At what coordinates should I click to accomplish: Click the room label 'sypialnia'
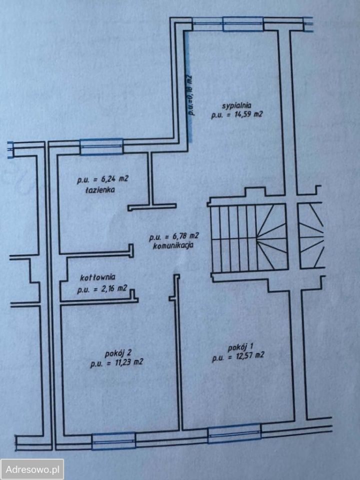(236, 105)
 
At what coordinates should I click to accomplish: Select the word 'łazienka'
(100, 190)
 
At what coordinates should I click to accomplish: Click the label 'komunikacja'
(173, 245)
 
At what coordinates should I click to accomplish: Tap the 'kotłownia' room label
(97, 277)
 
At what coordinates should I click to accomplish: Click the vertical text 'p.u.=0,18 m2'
(189, 95)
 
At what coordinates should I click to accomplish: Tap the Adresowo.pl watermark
(32, 469)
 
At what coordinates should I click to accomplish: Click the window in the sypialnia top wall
(243, 24)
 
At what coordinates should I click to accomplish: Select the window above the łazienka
(101, 146)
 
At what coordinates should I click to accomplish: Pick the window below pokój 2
(113, 441)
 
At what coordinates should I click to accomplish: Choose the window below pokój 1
(234, 433)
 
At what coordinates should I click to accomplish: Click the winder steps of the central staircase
(272, 237)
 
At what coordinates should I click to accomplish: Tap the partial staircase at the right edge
(311, 236)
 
